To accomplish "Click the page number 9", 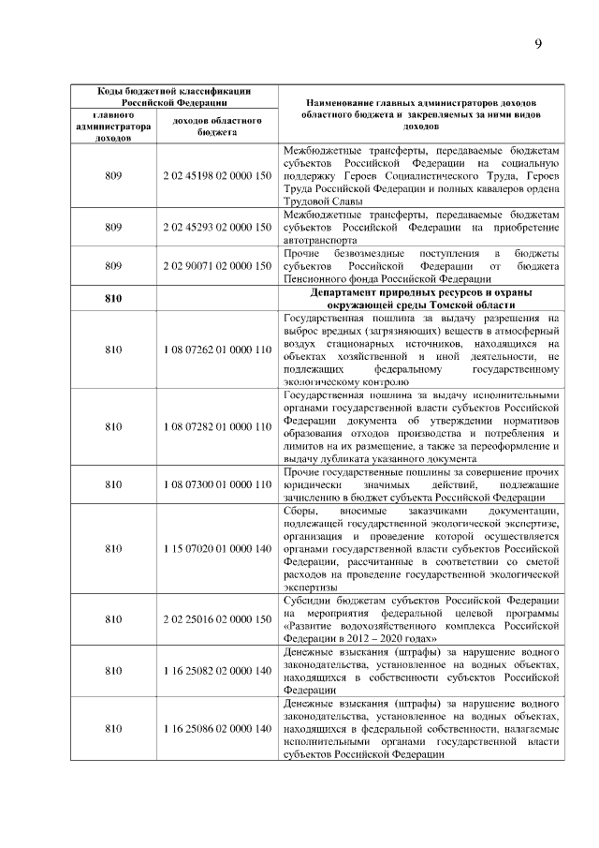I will (x=538, y=44).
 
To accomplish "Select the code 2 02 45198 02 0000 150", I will (x=216, y=175).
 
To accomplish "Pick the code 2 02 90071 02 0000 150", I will (x=216, y=265).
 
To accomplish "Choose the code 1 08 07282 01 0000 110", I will (x=216, y=426).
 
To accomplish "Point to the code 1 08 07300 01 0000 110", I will (x=216, y=484).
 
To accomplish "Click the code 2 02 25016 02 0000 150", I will (x=216, y=618).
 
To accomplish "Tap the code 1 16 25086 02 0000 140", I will (x=216, y=729).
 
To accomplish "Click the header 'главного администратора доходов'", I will (x=113, y=126).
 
